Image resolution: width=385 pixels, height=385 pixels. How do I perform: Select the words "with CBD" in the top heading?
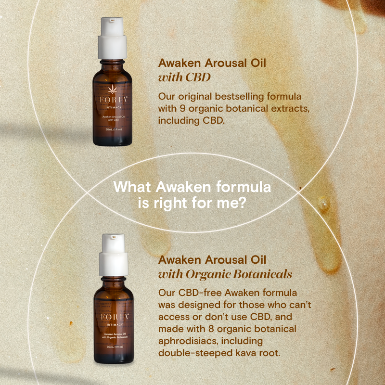coord(185,77)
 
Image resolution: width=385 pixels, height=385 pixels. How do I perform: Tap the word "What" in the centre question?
coord(129,187)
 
